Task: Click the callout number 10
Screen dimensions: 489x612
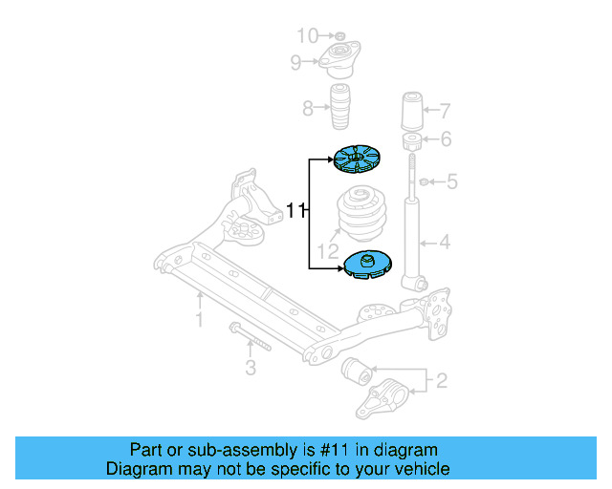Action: [x=306, y=36]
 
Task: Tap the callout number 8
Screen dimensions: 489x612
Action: [x=308, y=109]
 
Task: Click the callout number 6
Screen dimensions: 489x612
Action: [x=445, y=140]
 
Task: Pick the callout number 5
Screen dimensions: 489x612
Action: [x=452, y=181]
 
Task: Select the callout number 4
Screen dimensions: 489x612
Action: [x=444, y=243]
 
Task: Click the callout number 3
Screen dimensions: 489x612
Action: [x=251, y=368]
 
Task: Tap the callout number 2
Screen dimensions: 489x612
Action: [x=441, y=382]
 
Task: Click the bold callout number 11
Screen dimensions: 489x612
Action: [x=296, y=210]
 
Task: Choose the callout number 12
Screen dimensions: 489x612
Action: [x=328, y=252]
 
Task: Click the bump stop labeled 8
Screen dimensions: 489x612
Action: [x=340, y=110]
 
